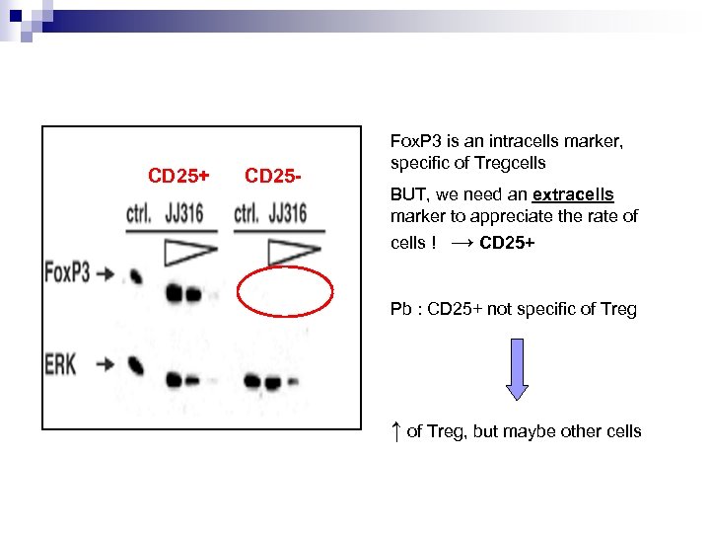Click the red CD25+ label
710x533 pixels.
178,177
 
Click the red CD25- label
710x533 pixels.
272,177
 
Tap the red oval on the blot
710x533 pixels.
285,291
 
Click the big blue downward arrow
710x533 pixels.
517,368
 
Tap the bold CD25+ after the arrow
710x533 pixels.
506,243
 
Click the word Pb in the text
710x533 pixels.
400,309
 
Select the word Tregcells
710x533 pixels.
510,163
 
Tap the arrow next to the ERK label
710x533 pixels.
104,365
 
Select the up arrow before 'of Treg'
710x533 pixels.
395,430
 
